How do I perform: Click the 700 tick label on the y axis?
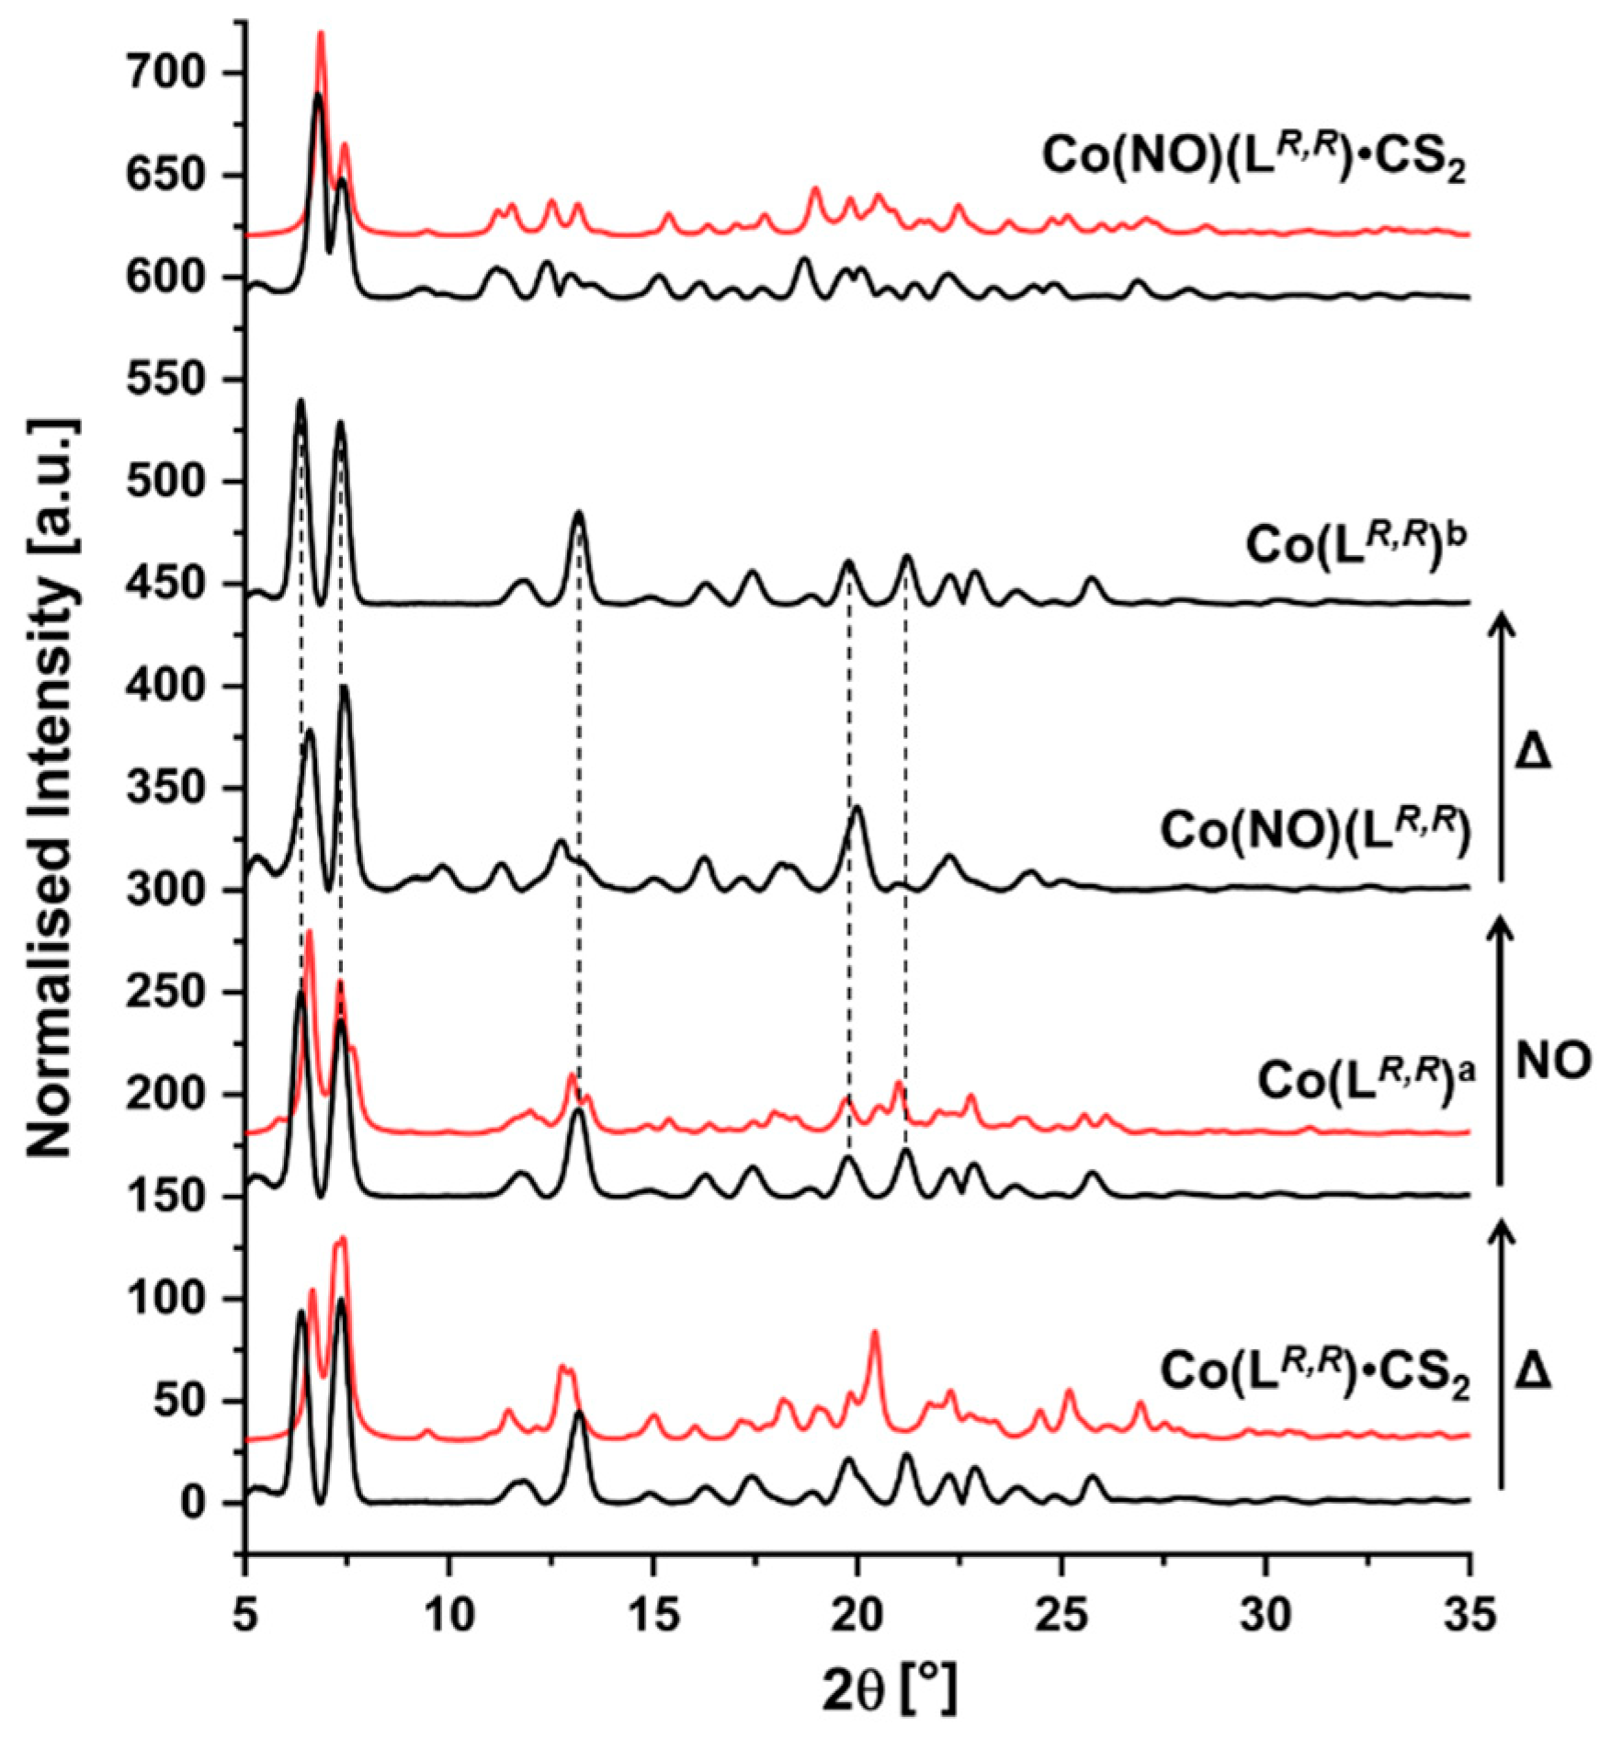point(179,74)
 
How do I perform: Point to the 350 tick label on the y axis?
point(179,789)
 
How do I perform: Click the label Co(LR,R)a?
point(1365,1079)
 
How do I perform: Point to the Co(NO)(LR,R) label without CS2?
point(1314,830)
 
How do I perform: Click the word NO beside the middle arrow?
point(1552,1063)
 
